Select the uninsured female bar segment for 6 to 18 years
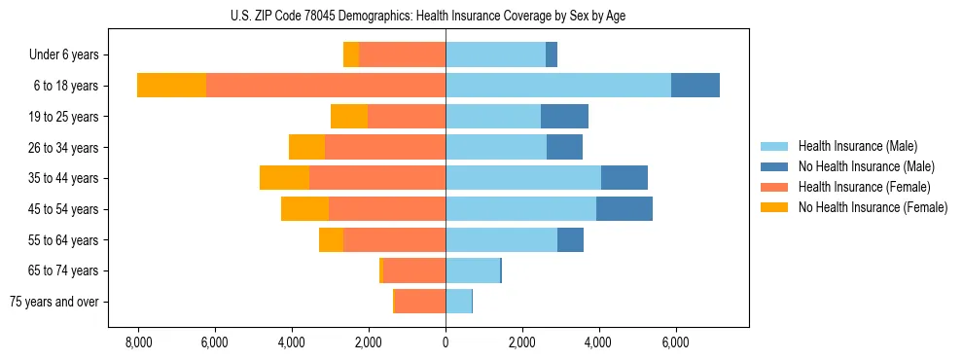171,86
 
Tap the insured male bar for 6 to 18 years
558,86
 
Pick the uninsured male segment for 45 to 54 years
624,209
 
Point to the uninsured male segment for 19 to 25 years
564,117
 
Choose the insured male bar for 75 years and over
458,302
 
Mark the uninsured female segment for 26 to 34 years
306,147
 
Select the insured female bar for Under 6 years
402,54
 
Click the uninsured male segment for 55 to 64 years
570,240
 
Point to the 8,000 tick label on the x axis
138,342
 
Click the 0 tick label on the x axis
446,342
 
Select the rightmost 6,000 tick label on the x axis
675,342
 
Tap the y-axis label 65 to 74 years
65,270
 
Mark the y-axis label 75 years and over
53,302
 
